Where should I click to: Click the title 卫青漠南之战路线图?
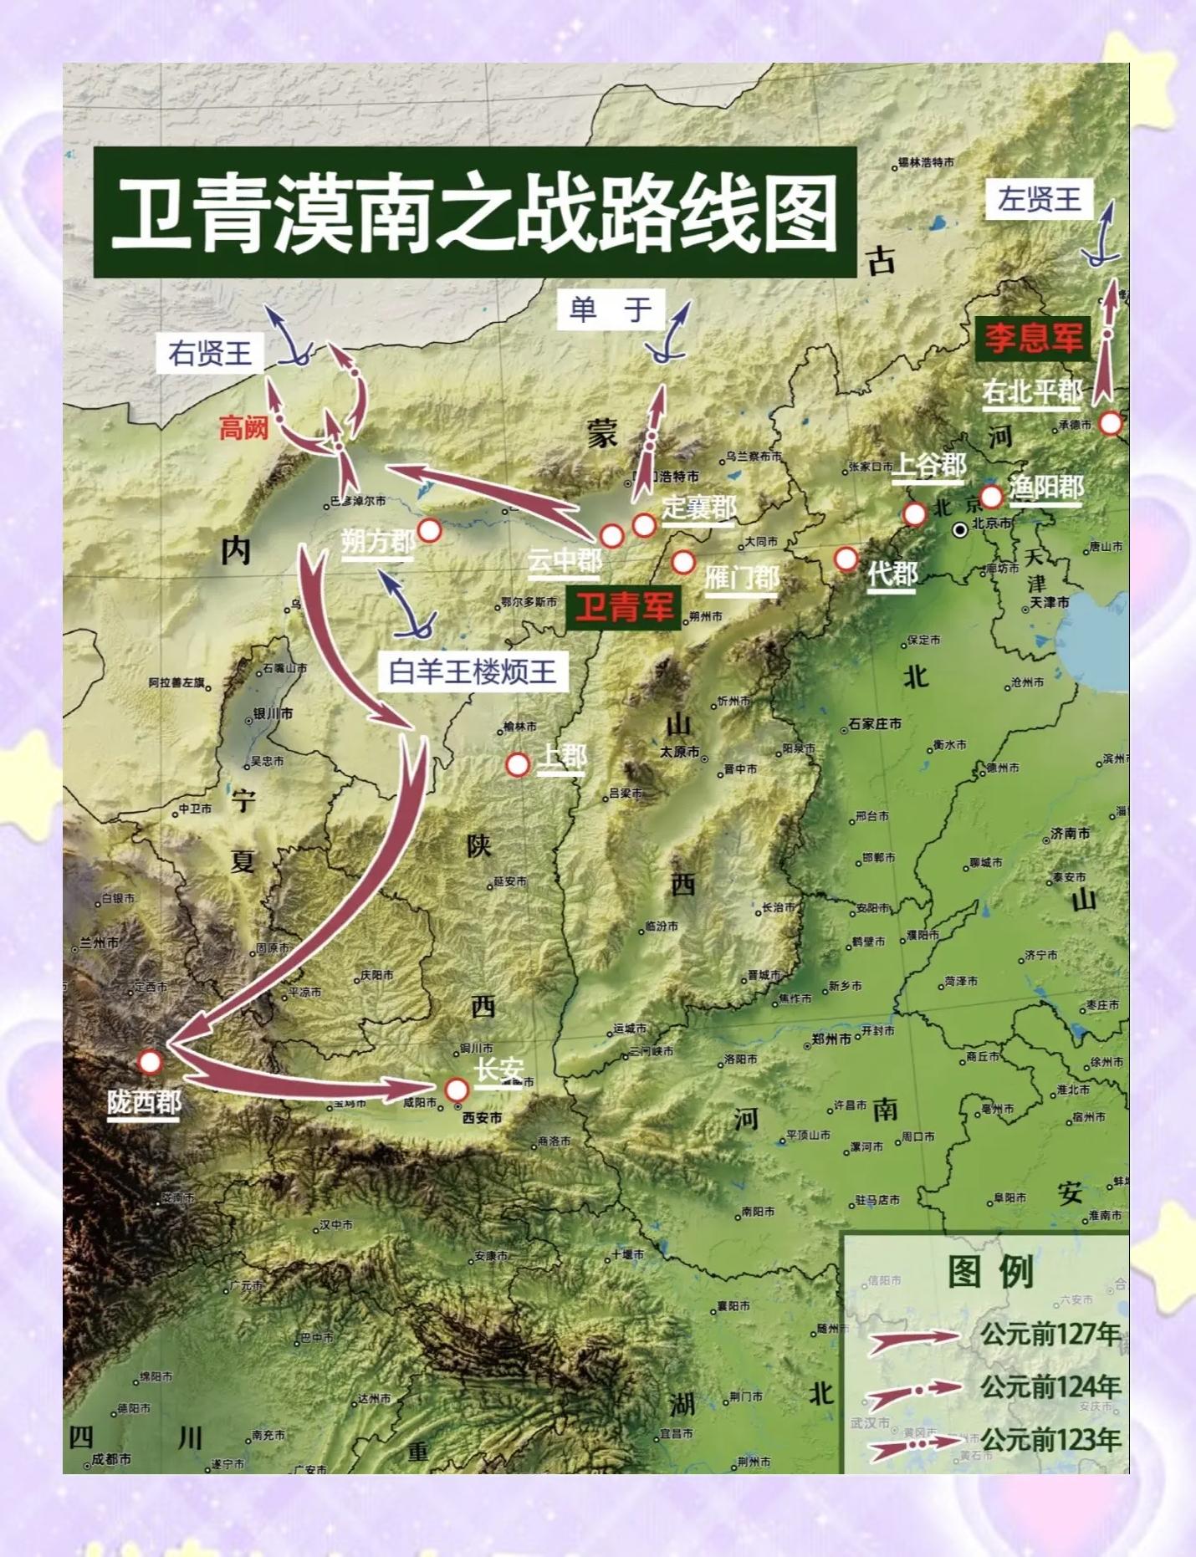point(474,213)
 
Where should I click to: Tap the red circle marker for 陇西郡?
point(150,1062)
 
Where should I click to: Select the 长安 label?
point(499,1069)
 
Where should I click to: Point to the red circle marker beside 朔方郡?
point(429,530)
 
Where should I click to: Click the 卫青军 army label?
point(624,606)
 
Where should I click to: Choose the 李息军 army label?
point(1034,338)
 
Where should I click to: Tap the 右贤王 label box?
point(210,353)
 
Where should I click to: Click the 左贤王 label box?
point(1040,199)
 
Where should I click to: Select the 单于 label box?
point(611,310)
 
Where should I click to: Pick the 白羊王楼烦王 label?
point(473,671)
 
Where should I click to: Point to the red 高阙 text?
point(243,428)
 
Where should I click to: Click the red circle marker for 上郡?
point(518,764)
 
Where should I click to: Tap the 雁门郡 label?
point(742,577)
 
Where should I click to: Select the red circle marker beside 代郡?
point(846,558)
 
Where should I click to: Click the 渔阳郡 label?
point(1046,488)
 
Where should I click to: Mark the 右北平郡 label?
point(1033,391)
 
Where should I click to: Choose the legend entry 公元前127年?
point(1051,1334)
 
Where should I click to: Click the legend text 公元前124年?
point(1051,1387)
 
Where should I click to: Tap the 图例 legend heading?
point(990,1272)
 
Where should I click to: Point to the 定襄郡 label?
point(699,507)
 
